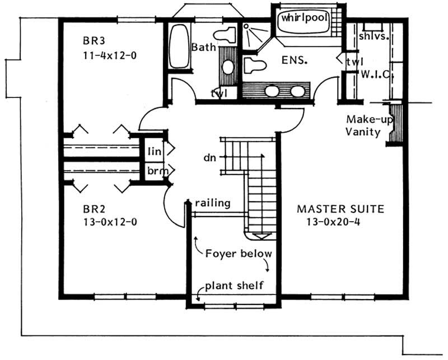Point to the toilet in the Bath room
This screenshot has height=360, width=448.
(x=226, y=36)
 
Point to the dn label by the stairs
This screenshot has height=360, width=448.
(x=210, y=158)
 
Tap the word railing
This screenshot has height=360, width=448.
(x=213, y=203)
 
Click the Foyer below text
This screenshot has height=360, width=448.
(x=238, y=253)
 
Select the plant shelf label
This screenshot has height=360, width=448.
(x=234, y=286)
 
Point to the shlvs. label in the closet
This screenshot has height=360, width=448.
(x=372, y=37)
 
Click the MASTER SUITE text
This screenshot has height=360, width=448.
(x=340, y=209)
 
